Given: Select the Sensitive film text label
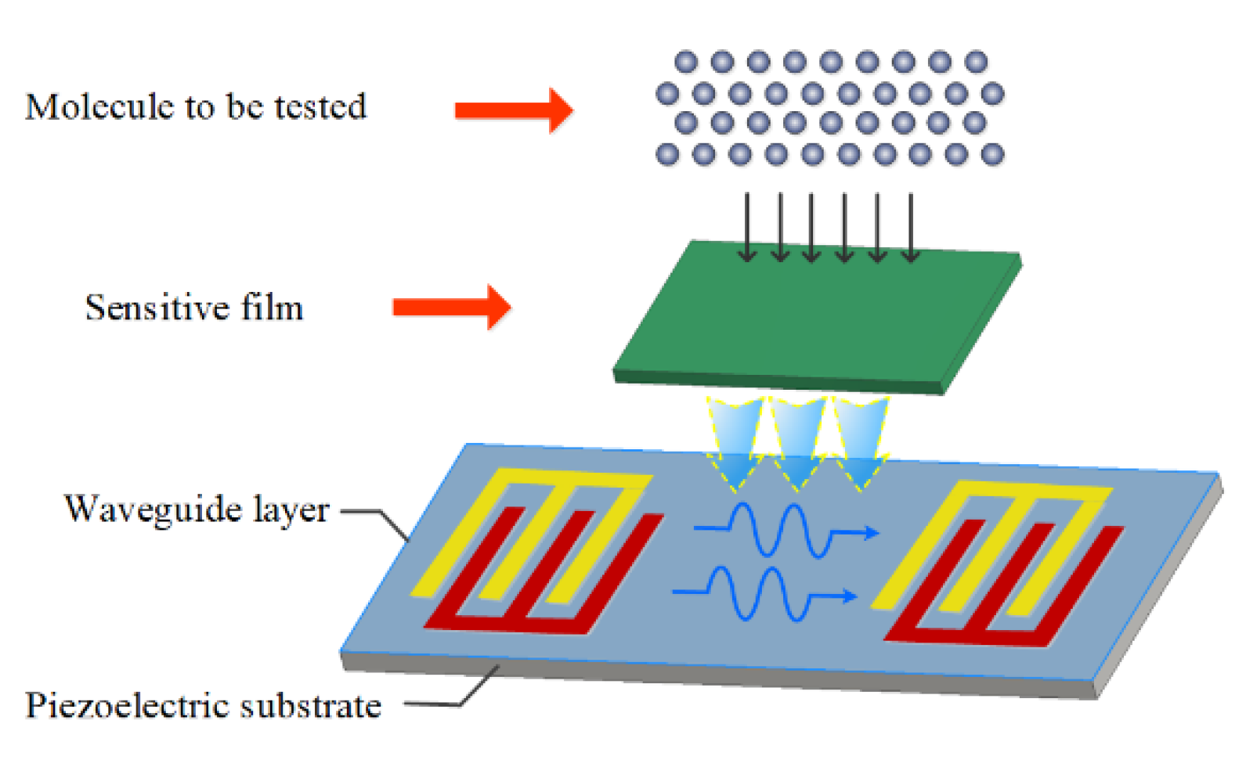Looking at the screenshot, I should pyautogui.click(x=193, y=307).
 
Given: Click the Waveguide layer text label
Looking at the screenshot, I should pyautogui.click(x=197, y=510).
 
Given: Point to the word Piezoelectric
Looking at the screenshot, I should pyautogui.click(x=128, y=705).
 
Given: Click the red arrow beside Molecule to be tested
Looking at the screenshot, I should pyautogui.click(x=514, y=110).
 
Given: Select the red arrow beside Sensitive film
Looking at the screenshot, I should pyautogui.click(x=451, y=307).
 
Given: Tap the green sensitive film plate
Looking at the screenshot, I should pyautogui.click(x=814, y=321).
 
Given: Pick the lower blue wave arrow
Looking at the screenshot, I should pyautogui.click(x=764, y=595).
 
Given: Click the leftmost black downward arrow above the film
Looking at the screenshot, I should pyautogui.click(x=748, y=227).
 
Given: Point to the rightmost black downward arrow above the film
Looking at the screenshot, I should pyautogui.click(x=911, y=227).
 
